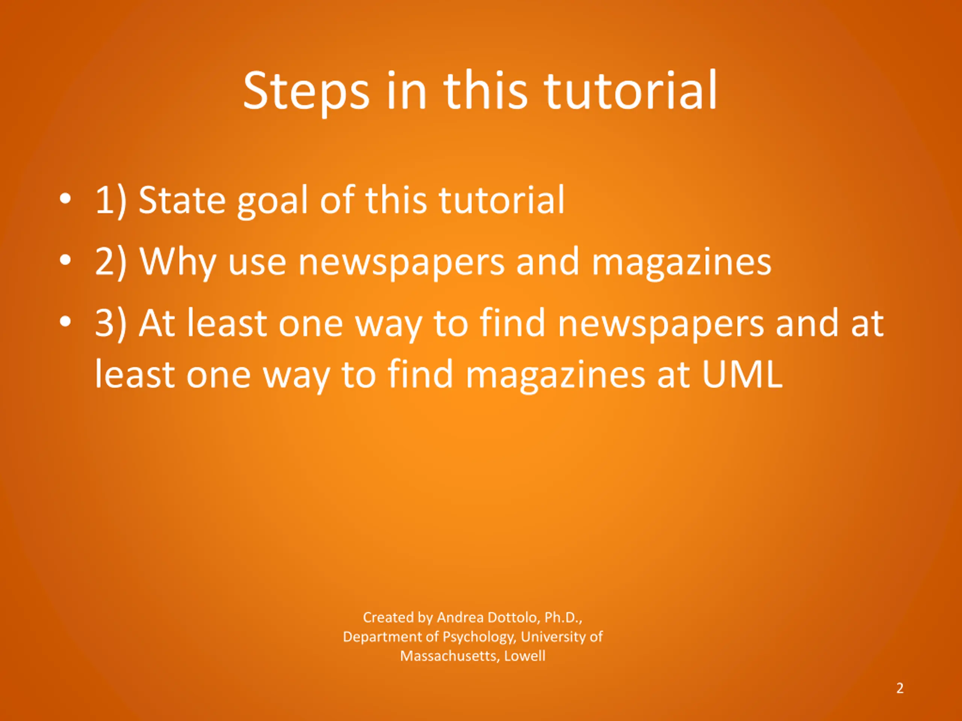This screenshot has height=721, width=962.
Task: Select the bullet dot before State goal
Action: tap(65, 199)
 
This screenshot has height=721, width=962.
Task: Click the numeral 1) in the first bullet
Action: tap(110, 201)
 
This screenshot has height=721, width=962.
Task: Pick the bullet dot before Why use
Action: tap(65, 261)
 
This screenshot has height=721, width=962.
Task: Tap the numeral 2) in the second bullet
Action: tap(110, 262)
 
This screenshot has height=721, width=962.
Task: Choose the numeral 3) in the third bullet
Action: tap(110, 324)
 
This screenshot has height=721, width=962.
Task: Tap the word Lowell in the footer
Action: tap(525, 656)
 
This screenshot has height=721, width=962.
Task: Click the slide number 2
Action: tap(900, 688)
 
